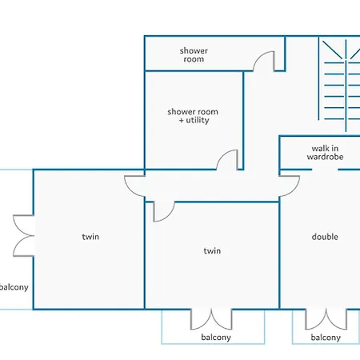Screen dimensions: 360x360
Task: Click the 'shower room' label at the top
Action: coord(194,54)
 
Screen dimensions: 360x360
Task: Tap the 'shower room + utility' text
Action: coord(193,116)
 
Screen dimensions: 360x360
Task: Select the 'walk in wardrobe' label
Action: coord(325,152)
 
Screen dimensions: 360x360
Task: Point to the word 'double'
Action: coord(325,236)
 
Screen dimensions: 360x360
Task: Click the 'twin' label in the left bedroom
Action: coord(90,237)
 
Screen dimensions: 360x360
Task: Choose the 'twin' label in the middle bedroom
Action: coord(212,250)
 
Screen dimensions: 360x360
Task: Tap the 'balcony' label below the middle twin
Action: coord(216,337)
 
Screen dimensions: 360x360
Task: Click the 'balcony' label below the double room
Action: coord(326,338)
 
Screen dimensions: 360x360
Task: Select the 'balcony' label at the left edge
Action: coord(14,287)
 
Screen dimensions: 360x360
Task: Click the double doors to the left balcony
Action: coord(23,236)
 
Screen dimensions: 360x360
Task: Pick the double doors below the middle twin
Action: coord(211,319)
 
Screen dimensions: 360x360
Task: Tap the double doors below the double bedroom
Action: coord(326,319)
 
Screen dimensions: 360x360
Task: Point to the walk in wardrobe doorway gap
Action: coord(325,170)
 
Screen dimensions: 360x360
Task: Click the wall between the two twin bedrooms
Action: coord(145,255)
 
